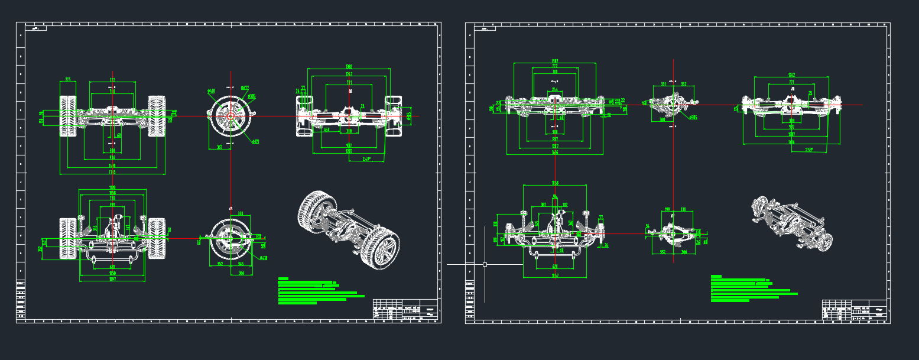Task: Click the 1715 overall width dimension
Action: [x=112, y=172]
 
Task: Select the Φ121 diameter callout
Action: [x=255, y=142]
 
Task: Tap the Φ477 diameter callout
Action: [x=245, y=87]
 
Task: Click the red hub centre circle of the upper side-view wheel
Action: [x=230, y=116]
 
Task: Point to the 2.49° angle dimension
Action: [x=367, y=158]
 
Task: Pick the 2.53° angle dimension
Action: [x=817, y=149]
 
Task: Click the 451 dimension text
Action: [x=326, y=130]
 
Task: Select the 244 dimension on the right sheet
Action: [x=555, y=89]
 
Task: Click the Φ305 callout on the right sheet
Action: [x=693, y=118]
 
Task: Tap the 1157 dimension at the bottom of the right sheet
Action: [x=555, y=275]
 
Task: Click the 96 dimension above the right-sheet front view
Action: [x=554, y=197]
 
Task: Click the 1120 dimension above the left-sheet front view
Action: [x=112, y=187]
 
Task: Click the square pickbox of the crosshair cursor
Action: [x=485, y=264]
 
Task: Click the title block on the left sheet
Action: [x=407, y=310]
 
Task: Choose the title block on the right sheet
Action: [x=855, y=310]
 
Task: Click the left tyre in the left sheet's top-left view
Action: [x=68, y=116]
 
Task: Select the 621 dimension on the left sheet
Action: [x=112, y=267]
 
